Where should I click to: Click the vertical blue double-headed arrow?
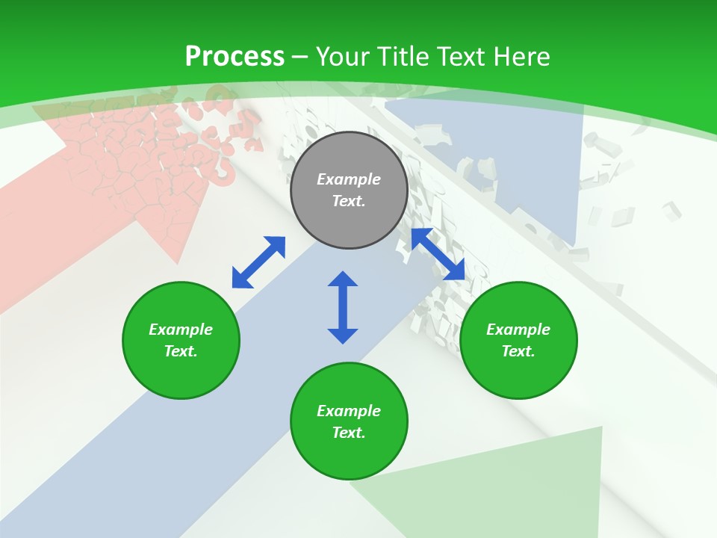pyautogui.click(x=343, y=307)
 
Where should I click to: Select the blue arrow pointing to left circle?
pyautogui.click(x=258, y=262)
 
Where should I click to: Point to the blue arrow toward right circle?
pyautogui.click(x=438, y=254)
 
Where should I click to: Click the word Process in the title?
pyautogui.click(x=235, y=56)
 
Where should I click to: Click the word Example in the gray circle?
pyautogui.click(x=349, y=179)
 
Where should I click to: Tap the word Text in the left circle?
pyautogui.click(x=181, y=351)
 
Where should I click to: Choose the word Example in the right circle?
pyautogui.click(x=518, y=330)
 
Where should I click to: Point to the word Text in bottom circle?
pyautogui.click(x=349, y=433)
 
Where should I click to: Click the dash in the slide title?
pyautogui.click(x=300, y=57)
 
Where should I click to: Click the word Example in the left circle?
pyautogui.click(x=181, y=330)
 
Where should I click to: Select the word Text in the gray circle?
pyautogui.click(x=349, y=201)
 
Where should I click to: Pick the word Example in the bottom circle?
pyautogui.click(x=349, y=411)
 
